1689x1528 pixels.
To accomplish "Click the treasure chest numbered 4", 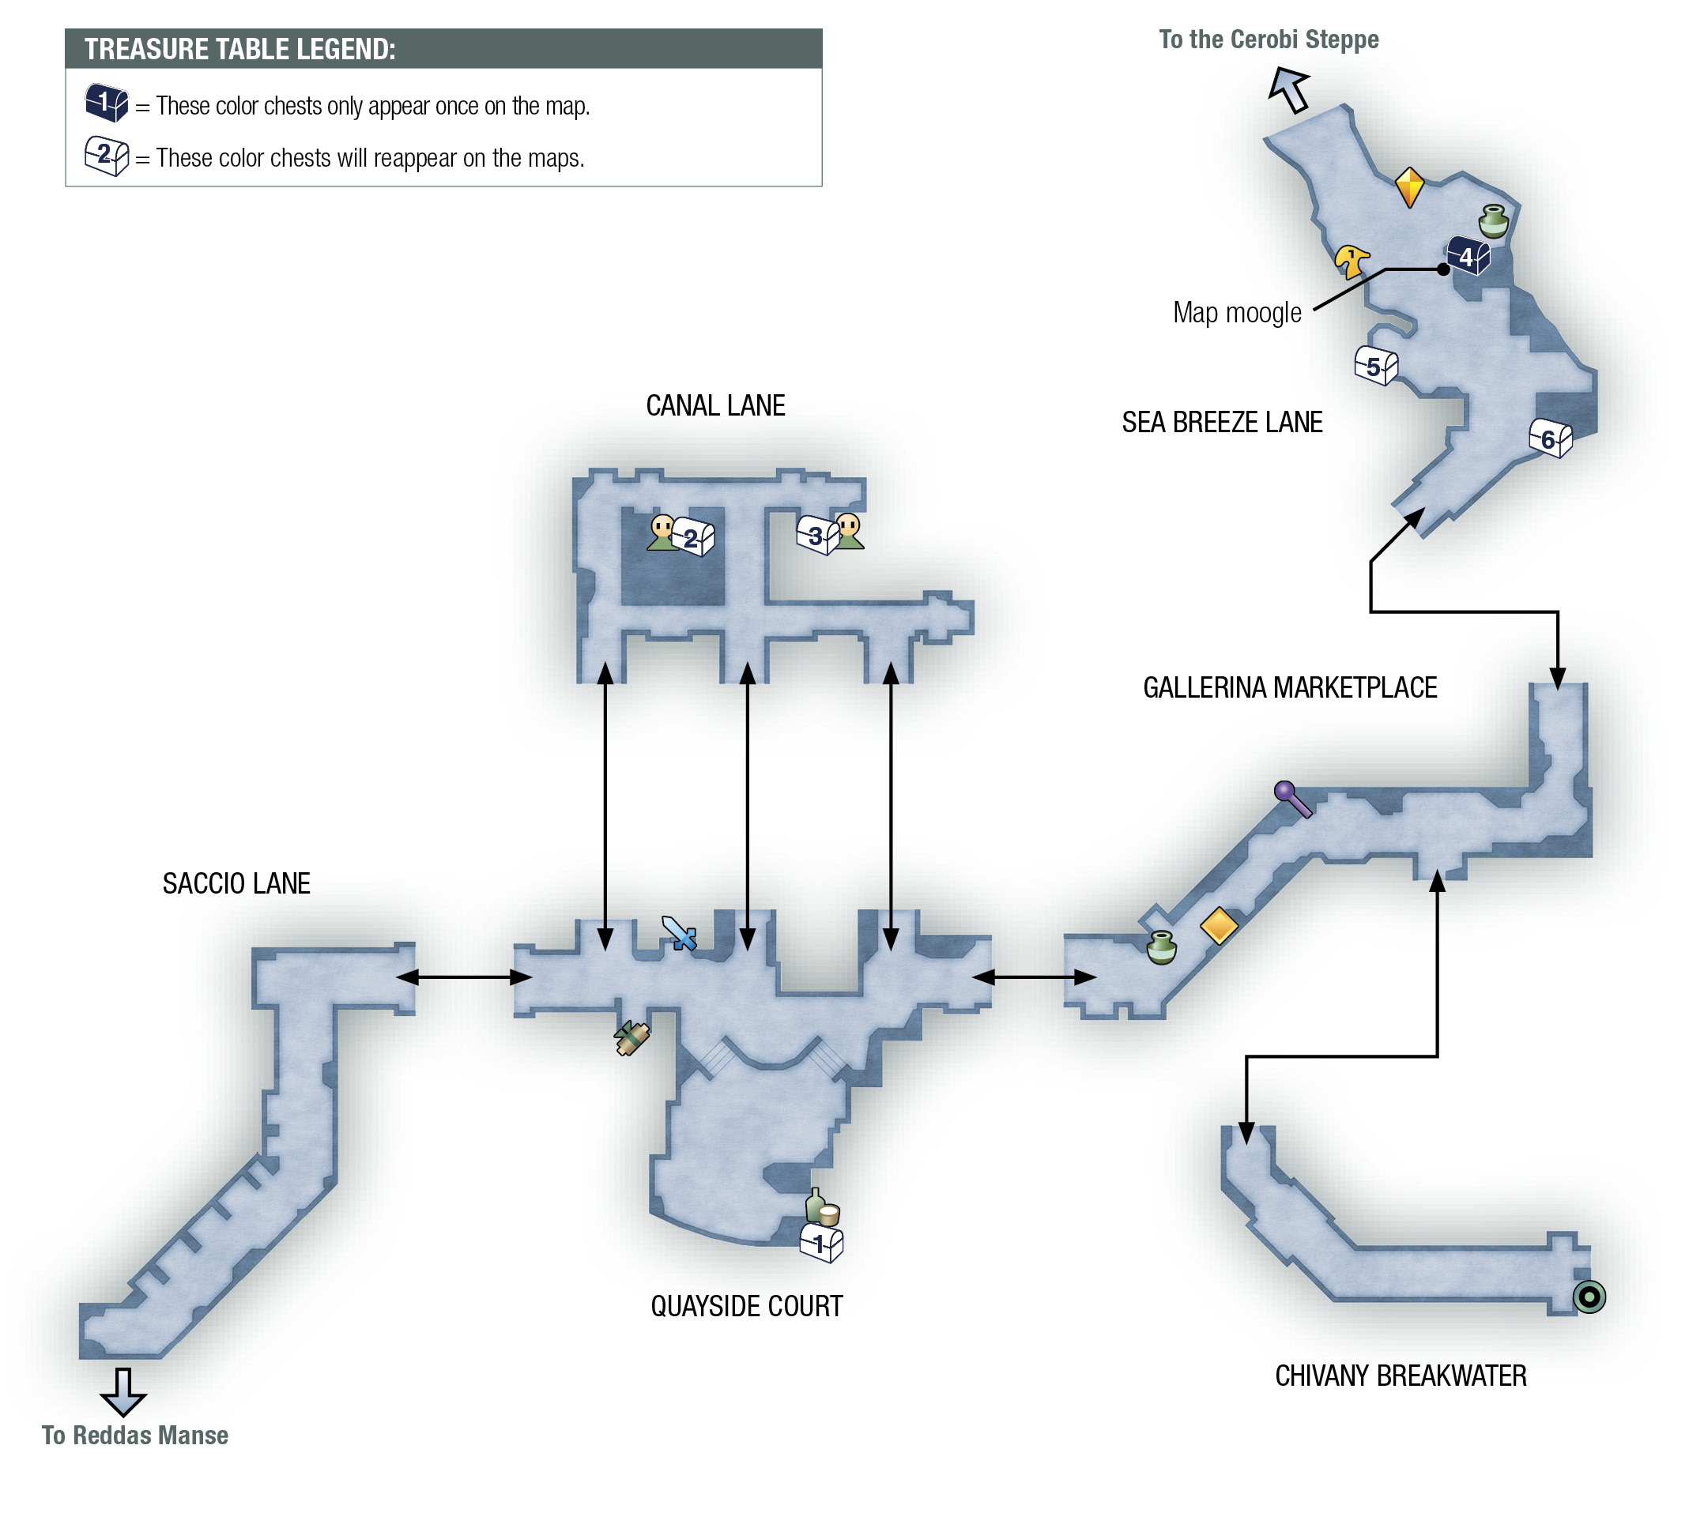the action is (1468, 255).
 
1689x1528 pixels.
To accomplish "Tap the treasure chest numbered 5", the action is (1376, 365).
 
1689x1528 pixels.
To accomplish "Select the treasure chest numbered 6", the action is (1550, 437).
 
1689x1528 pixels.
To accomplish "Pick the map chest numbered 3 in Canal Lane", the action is (817, 534).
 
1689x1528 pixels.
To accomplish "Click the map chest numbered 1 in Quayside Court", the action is (821, 1242).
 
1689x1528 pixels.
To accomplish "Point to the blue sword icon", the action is (679, 932).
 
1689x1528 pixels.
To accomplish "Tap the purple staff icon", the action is (1293, 798).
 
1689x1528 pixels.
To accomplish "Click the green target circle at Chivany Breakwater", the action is (1589, 1297).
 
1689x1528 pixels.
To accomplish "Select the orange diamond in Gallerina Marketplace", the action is (1219, 926).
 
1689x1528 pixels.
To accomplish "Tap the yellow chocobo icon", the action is (1351, 262).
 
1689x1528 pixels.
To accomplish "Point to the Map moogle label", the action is (1237, 312).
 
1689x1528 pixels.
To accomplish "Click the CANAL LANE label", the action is (715, 405).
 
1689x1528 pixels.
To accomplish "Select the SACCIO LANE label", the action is (236, 883).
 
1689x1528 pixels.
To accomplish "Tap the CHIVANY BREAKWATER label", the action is (1401, 1376).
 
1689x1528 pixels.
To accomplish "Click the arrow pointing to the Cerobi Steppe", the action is (1288, 88).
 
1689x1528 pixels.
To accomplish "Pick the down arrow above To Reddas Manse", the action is (123, 1392).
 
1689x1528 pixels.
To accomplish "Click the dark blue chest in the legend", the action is (107, 103).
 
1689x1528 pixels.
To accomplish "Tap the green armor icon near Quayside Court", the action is (631, 1038).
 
